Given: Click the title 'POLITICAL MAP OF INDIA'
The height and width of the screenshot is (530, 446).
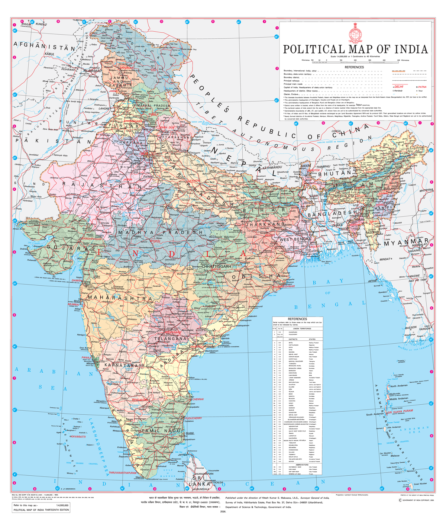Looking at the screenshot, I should [355, 49].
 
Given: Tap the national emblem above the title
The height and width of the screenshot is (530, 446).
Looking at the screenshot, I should [355, 32].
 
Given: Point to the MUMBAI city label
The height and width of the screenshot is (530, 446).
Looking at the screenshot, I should [74, 304].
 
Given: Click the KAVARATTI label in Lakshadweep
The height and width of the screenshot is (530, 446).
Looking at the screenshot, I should [78, 436].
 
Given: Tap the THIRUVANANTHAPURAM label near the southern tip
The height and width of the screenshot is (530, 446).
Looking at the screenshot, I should [123, 473].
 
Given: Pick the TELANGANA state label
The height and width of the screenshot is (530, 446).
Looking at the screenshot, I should [170, 339].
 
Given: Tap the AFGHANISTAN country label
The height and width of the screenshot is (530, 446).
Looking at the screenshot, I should [44, 47].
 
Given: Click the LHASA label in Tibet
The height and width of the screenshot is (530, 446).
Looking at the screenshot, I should [336, 131].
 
